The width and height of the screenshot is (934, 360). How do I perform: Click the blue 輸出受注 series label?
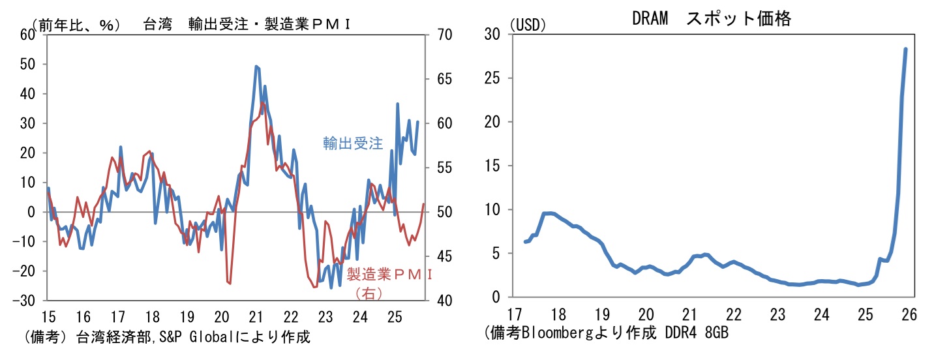click(353, 143)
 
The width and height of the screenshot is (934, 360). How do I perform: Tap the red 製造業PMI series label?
click(389, 274)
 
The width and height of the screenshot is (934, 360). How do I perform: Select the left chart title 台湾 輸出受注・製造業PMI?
click(248, 24)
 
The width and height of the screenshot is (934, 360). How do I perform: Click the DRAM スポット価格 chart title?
click(711, 19)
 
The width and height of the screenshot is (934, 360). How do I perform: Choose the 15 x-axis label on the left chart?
click(48, 318)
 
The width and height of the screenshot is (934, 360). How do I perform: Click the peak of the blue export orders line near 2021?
click(256, 67)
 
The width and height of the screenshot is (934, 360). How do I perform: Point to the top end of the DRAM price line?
click(905, 49)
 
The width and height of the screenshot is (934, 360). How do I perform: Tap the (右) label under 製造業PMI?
click(369, 294)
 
